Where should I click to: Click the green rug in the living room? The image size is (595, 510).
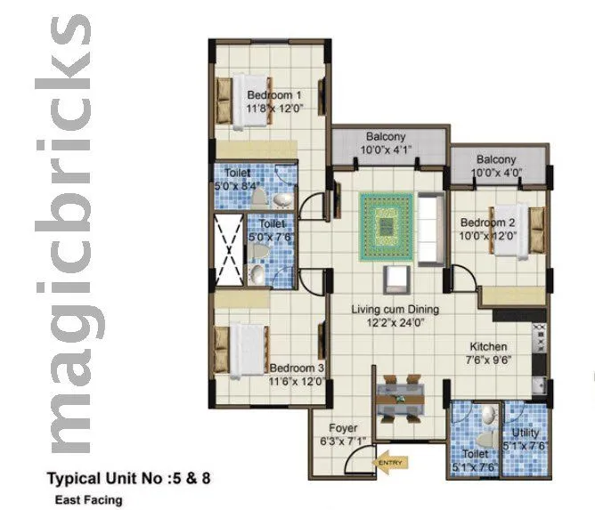pyautogui.click(x=385, y=227)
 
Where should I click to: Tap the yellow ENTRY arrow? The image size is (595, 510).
pyautogui.click(x=390, y=462)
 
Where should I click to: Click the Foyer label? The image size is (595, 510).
pyautogui.click(x=343, y=433)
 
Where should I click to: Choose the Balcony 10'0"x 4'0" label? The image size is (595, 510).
pyautogui.click(x=496, y=166)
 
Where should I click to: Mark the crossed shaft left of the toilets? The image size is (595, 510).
pyautogui.click(x=227, y=250)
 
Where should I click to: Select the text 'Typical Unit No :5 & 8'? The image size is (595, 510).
pyautogui.click(x=128, y=480)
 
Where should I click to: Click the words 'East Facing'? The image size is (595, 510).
pyautogui.click(x=86, y=500)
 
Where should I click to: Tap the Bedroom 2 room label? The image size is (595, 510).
pyautogui.click(x=487, y=229)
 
